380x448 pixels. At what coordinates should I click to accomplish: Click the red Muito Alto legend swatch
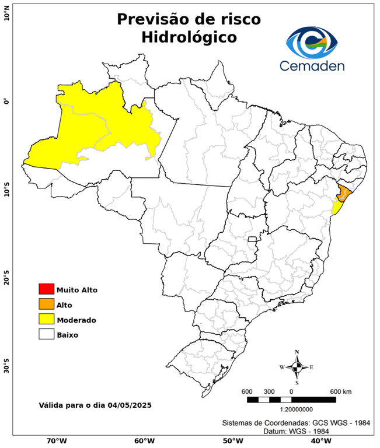click(46, 289)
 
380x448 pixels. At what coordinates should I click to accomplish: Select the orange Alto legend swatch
click(46, 304)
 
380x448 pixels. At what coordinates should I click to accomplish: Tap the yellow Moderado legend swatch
click(46, 319)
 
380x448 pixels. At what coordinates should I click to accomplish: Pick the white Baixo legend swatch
click(46, 334)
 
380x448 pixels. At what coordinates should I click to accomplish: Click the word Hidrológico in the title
click(189, 37)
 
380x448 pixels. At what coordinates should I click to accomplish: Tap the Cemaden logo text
click(312, 66)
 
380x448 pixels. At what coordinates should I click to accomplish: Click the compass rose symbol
click(297, 367)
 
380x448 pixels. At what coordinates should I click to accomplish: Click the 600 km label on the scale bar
click(340, 391)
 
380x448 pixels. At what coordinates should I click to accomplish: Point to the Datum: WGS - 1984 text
click(299, 431)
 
